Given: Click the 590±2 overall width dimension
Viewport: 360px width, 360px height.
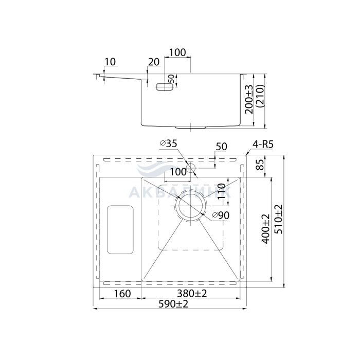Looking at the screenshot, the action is click(173, 304).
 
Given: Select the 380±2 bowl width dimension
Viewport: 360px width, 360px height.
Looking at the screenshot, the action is click(192, 293).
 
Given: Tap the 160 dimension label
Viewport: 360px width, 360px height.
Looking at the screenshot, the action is click(122, 294).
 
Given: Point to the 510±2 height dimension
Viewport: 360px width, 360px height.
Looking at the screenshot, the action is click(279, 219).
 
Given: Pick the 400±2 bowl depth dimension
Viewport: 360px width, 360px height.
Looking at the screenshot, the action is click(266, 229).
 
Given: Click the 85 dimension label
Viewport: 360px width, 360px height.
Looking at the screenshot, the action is click(260, 165).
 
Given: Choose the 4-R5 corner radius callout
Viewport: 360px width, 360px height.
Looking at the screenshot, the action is click(263, 145).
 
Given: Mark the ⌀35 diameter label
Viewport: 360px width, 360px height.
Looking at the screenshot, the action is click(169, 143).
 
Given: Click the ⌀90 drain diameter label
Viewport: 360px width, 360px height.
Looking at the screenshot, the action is click(221, 215).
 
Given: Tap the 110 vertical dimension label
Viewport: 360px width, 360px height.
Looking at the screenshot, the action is click(221, 191).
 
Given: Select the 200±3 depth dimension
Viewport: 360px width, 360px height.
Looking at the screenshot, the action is click(249, 99).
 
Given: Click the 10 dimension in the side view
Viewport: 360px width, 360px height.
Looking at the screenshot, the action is click(110, 62).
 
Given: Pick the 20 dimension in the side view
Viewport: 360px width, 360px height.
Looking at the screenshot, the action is click(154, 62).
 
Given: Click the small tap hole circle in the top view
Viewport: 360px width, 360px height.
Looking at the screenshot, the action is click(191, 168).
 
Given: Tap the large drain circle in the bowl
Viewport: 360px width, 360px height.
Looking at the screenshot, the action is click(191, 206).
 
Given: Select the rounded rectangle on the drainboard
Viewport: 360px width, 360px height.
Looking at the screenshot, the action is click(120, 229).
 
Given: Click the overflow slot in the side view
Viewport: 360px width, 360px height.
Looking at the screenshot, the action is click(165, 87).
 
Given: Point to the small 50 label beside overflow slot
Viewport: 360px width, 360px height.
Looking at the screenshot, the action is click(171, 79).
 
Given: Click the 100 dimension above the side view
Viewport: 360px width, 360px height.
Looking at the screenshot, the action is click(177, 52).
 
